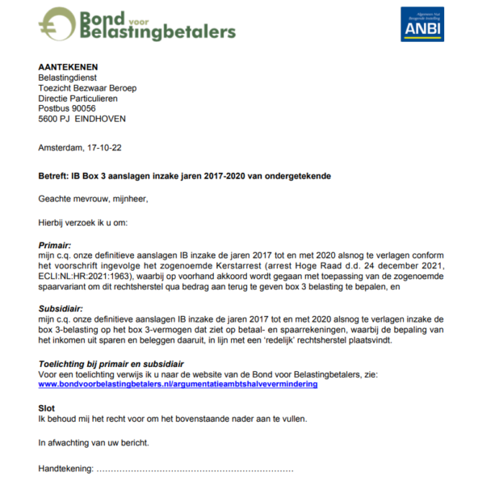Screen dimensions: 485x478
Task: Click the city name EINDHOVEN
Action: pyautogui.click(x=100, y=119)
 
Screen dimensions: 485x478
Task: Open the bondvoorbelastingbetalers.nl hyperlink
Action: pyautogui.click(x=178, y=385)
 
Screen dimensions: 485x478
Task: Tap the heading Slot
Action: pyautogui.click(x=47, y=409)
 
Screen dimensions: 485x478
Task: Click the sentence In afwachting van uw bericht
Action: pyautogui.click(x=92, y=443)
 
